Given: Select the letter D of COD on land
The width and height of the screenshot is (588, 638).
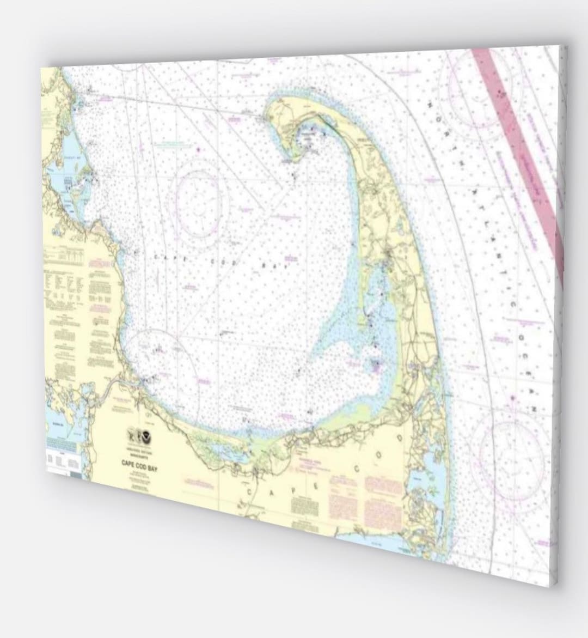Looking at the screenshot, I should point(401,438).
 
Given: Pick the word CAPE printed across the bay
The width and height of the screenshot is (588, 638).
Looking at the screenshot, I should point(168,258).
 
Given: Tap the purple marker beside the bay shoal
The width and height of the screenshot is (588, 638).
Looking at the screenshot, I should point(375,363).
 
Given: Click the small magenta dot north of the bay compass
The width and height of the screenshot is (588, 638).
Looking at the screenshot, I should point(199,149).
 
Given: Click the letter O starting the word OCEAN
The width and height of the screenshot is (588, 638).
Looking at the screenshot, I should point(520,339).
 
